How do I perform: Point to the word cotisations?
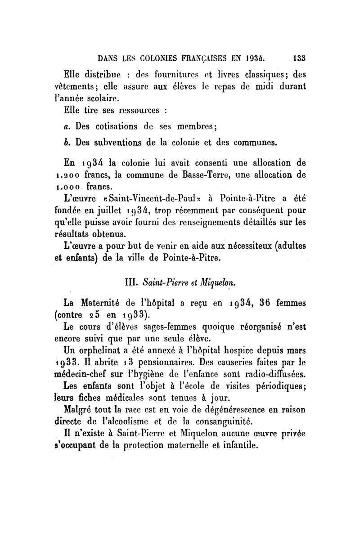point(116,127)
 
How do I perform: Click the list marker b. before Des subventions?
point(66,143)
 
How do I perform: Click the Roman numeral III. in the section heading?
point(131,283)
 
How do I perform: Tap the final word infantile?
point(239,445)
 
